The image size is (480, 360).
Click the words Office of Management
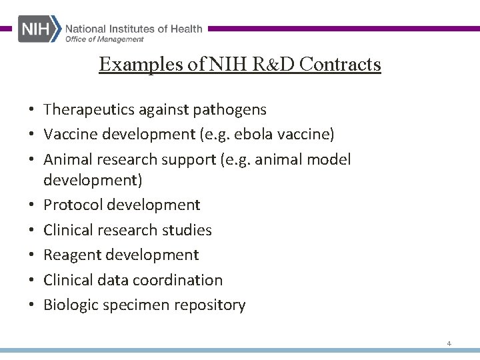click(x=104, y=39)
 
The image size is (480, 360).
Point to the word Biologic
click(x=70, y=305)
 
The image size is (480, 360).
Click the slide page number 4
click(x=449, y=343)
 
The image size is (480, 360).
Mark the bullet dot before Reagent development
click(x=31, y=255)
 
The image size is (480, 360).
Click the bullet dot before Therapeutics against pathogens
click(x=31, y=109)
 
